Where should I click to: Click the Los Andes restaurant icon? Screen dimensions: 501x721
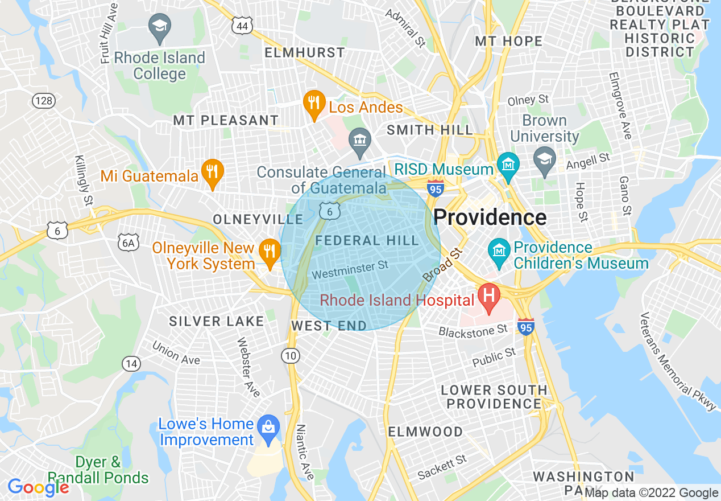(313, 104)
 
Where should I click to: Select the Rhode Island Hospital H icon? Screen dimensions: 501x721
(488, 295)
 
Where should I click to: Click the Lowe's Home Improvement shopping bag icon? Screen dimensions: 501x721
(267, 426)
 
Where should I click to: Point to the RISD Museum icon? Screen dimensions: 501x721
(508, 164)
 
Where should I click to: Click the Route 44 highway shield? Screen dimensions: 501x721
(242, 25)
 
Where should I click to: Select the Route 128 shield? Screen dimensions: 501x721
(44, 101)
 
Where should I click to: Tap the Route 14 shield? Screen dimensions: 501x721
(131, 363)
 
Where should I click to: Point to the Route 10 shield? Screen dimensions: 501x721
(291, 356)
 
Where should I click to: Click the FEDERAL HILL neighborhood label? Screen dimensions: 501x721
(367, 241)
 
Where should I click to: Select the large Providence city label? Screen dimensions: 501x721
(490, 217)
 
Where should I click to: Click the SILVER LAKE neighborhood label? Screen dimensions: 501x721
(217, 322)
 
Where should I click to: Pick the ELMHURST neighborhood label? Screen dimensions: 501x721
(305, 53)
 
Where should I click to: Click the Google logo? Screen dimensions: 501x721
(38, 487)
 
